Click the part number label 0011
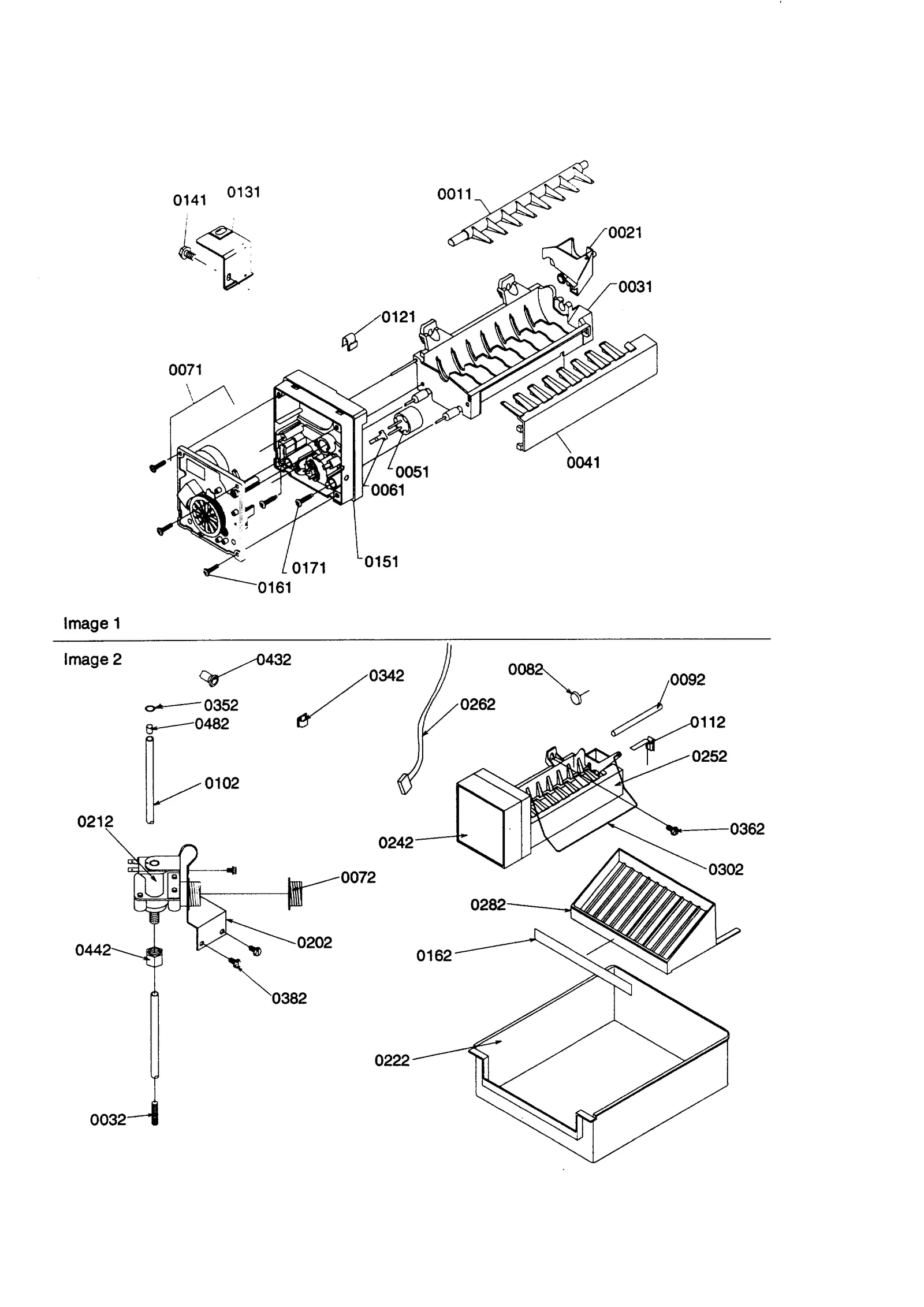coord(454,195)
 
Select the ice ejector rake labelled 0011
coord(520,205)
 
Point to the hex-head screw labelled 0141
coord(185,252)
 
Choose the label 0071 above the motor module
coord(185,370)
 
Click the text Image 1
coord(92,623)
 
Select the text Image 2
coord(92,659)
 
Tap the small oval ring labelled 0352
coord(150,708)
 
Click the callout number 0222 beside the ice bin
coord(392,1060)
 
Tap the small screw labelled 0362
coord(672,831)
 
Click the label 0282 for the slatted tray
coord(487,904)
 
